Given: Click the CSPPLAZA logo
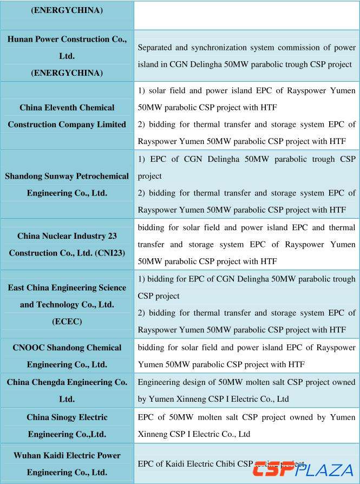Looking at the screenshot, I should (303, 469).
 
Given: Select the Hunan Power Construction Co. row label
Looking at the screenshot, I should (67, 56).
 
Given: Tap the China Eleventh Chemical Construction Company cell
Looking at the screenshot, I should (67, 116).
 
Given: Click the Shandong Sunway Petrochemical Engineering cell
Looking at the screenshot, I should (67, 185).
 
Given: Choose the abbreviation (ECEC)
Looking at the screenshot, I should (67, 322).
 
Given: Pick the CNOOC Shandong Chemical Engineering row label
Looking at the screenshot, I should (67, 356).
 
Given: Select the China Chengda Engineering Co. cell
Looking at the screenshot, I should (67, 390).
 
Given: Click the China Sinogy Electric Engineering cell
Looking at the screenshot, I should (67, 426).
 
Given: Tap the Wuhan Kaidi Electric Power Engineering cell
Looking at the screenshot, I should (67, 463).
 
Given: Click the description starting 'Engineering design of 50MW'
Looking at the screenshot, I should (246, 390).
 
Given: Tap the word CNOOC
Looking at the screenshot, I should (28, 348).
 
